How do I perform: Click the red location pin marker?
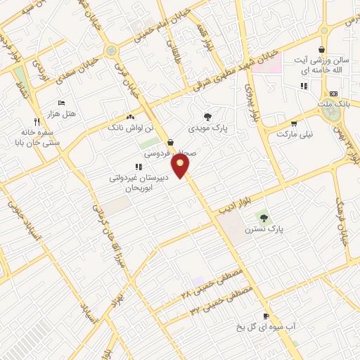[182, 166]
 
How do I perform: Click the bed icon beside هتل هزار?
[61, 103]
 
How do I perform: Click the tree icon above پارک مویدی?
[207, 117]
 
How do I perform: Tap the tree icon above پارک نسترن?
[264, 217]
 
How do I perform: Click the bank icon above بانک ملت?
[333, 94]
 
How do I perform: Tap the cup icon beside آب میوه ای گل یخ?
[266, 316]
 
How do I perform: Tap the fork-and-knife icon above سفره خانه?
[36, 121]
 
